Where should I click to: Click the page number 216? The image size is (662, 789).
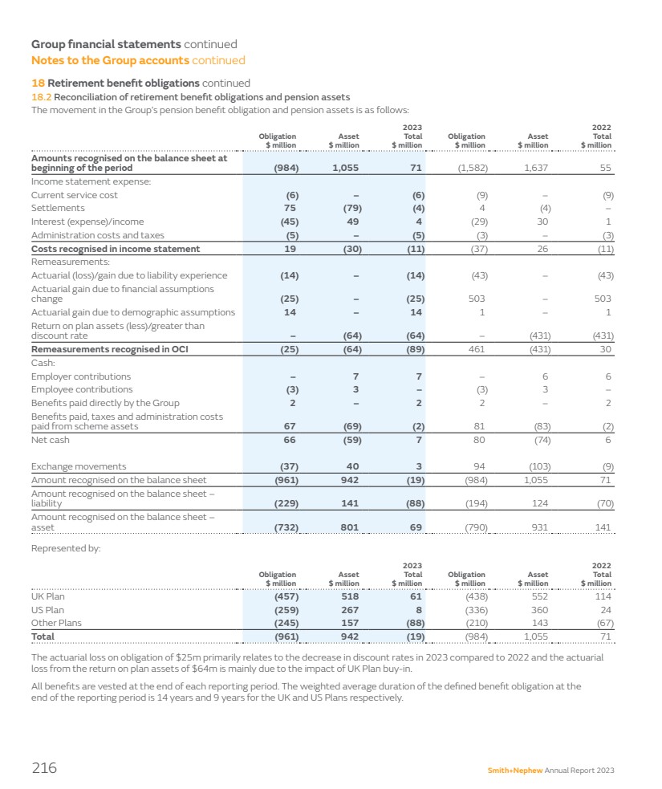(x=44, y=768)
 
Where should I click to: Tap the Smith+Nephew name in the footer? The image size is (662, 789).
(x=515, y=771)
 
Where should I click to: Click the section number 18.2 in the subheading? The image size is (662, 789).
(x=40, y=97)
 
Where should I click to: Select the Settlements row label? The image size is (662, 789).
(x=58, y=208)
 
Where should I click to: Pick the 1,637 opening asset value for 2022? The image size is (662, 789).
(x=535, y=169)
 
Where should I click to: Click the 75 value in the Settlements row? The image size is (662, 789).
(x=290, y=208)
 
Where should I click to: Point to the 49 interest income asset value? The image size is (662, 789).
(x=352, y=222)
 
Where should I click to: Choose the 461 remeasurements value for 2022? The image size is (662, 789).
(x=478, y=349)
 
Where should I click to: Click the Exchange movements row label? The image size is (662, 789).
(x=79, y=466)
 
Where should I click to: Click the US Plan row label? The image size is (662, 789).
(x=48, y=610)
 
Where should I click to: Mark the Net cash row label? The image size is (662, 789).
(x=50, y=440)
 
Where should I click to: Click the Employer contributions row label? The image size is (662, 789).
(x=81, y=376)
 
